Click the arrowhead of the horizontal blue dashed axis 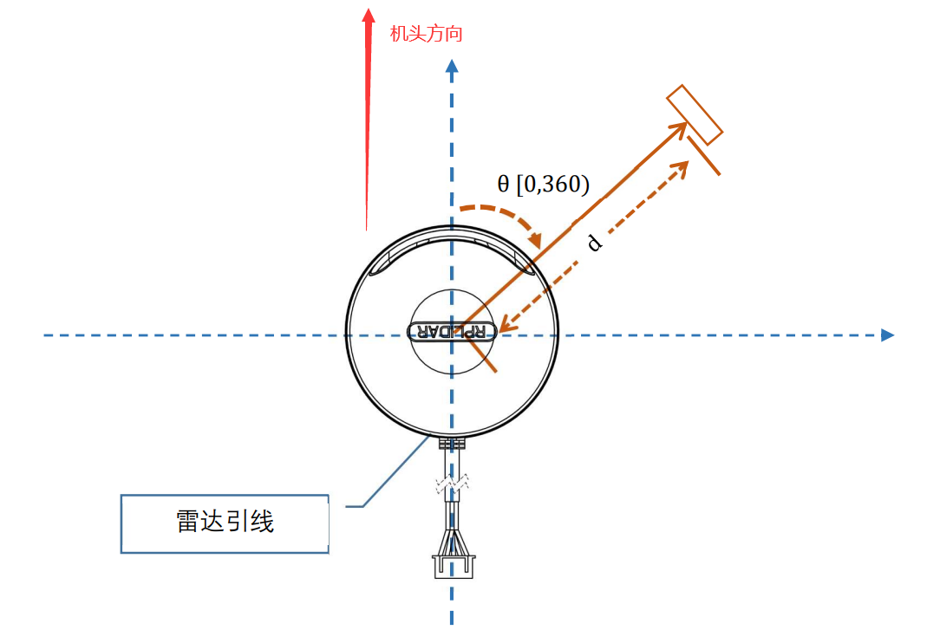(x=887, y=334)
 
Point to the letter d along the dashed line (x=594, y=243)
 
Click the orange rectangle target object (x=694, y=114)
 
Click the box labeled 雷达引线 (x=225, y=523)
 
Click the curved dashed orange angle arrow (x=503, y=217)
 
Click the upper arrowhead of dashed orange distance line (x=683, y=166)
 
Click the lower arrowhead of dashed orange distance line (x=505, y=327)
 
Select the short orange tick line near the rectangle (x=703, y=154)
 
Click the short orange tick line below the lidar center (x=482, y=354)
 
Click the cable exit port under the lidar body (x=451, y=442)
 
